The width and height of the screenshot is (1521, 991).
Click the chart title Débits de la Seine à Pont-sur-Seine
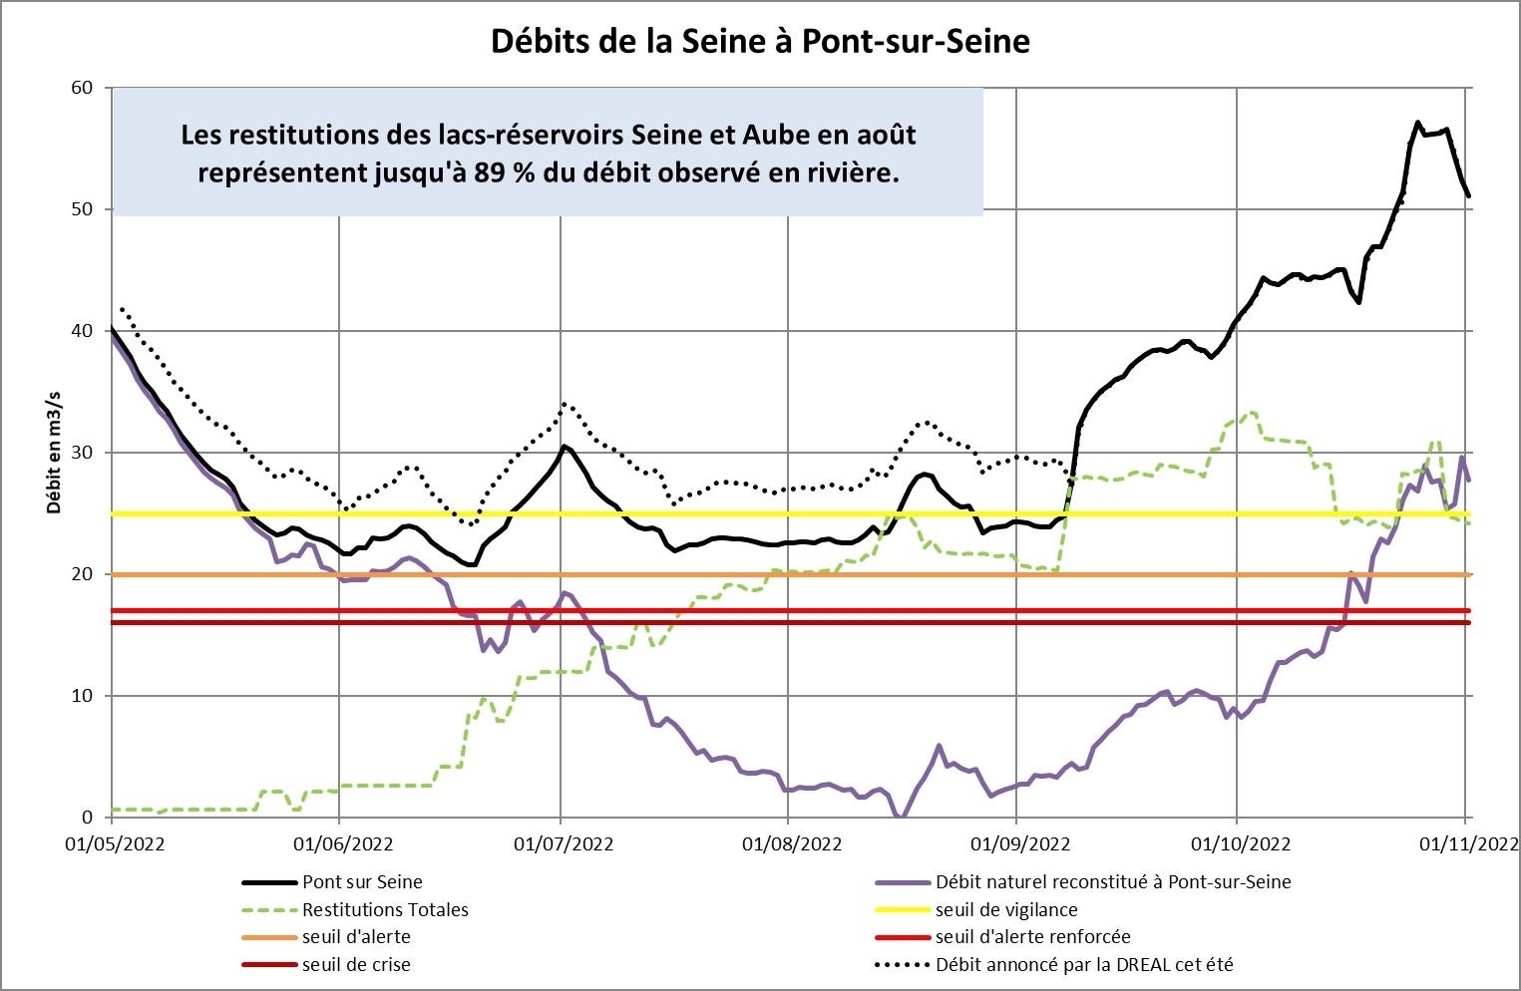(760, 41)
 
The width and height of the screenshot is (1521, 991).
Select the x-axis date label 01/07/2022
(563, 844)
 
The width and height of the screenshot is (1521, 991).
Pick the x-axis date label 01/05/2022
(114, 844)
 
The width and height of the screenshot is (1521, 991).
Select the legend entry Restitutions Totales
(385, 910)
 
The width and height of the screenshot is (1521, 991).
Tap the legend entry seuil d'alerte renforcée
(1032, 937)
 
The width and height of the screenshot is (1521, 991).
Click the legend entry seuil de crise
(356, 965)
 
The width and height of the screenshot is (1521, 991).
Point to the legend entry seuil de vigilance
(1005, 910)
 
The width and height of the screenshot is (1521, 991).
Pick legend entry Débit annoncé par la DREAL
(1083, 965)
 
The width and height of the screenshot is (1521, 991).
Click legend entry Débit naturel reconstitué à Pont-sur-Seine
(1112, 882)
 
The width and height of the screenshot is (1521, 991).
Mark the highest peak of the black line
(1417, 123)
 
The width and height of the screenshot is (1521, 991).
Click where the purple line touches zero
(900, 816)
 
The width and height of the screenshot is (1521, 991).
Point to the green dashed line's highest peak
(1252, 412)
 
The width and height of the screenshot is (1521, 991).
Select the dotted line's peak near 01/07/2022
(565, 404)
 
